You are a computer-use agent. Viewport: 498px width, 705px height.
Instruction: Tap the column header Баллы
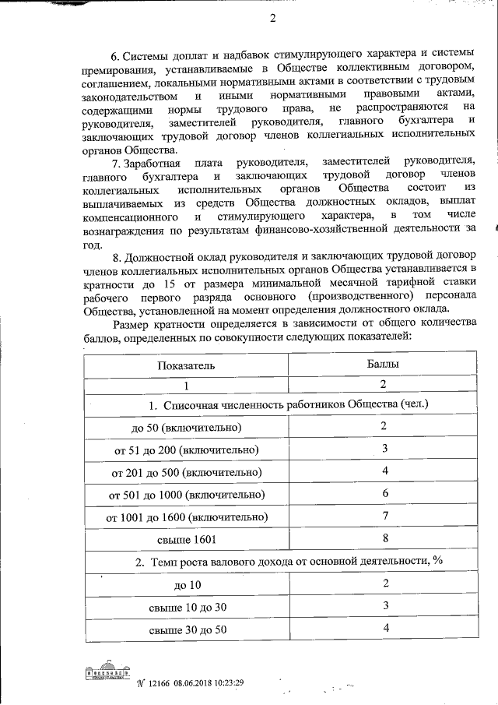pos(383,363)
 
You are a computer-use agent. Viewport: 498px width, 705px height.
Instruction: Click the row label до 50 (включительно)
pos(186,427)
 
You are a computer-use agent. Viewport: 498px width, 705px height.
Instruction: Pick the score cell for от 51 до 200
pos(384,449)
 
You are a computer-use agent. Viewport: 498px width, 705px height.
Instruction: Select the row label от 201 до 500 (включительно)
pos(186,472)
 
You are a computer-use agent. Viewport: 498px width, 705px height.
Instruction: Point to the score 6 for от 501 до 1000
pos(384,494)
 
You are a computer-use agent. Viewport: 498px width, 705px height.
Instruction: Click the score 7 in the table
pos(384,516)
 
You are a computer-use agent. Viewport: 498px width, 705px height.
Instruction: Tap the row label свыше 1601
pos(186,539)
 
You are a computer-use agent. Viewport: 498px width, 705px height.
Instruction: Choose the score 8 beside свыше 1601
pos(384,538)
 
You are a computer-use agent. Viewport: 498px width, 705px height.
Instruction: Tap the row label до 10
pos(186,584)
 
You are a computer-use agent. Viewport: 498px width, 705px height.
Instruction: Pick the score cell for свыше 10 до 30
pos(384,605)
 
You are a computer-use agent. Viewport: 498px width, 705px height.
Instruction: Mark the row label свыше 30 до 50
pos(186,629)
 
